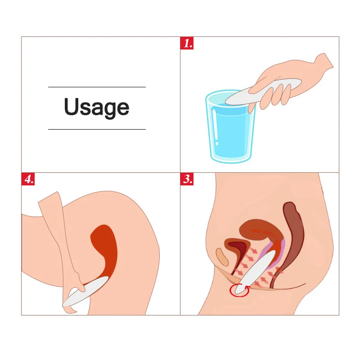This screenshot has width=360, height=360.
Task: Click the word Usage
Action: coord(97,107)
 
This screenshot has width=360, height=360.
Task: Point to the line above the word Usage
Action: coord(97,87)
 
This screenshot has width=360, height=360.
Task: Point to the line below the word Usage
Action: coord(97,129)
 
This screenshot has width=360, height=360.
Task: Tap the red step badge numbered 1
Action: coord(187,43)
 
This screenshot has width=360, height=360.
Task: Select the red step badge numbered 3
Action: coord(187,179)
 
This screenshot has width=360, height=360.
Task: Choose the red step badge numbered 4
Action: coord(28,179)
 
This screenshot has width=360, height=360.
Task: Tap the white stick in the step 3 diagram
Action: coord(256,270)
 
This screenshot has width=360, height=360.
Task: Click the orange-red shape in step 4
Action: coord(106,252)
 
